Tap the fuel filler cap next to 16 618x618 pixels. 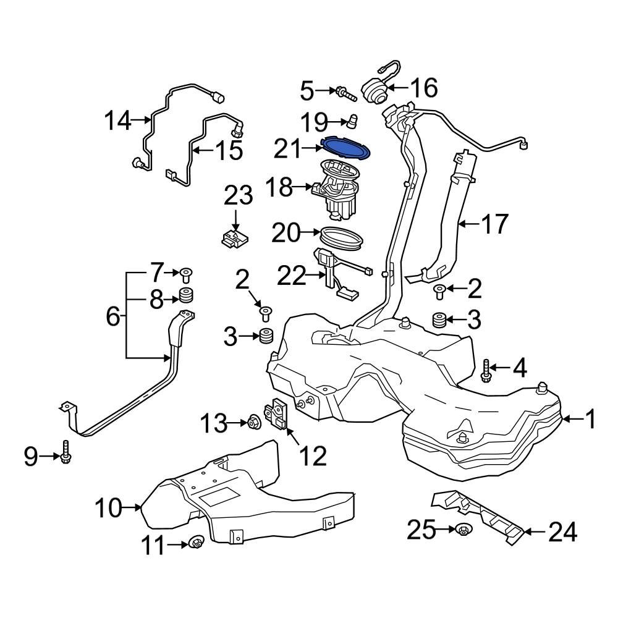[x=374, y=91]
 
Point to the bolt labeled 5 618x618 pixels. [x=345, y=94]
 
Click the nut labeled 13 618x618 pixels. [x=252, y=423]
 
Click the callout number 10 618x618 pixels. [x=109, y=509]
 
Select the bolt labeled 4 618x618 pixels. [x=486, y=370]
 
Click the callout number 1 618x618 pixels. [x=590, y=421]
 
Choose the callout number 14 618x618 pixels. [x=117, y=120]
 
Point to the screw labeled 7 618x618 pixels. [x=185, y=272]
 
